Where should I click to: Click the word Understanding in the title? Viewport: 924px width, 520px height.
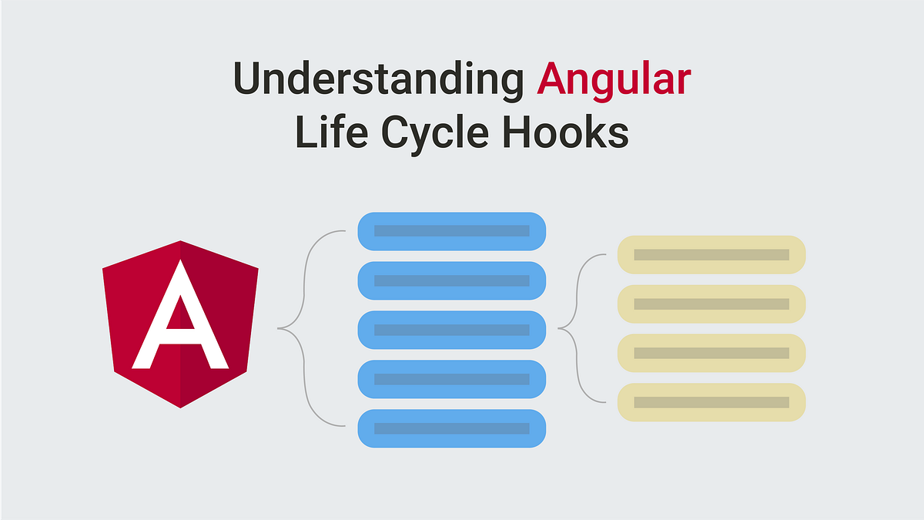point(378,79)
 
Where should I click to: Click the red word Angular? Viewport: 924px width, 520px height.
point(614,79)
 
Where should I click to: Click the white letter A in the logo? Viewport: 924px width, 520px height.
point(179,324)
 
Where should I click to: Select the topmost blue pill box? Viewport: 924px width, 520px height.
point(452,230)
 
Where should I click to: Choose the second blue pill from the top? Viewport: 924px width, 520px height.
point(452,280)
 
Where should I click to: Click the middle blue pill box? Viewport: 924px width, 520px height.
point(452,330)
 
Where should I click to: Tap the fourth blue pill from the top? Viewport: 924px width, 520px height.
point(452,379)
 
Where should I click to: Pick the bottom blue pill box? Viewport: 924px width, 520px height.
point(452,428)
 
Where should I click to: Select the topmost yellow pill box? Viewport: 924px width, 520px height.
point(711,254)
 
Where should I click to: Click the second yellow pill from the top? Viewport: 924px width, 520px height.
point(711,304)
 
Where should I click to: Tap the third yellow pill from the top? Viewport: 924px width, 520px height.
point(711,353)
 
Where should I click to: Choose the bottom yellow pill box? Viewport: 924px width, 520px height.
point(711,402)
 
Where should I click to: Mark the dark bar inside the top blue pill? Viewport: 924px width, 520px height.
point(452,230)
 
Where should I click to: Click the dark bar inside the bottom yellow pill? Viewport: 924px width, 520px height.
point(711,402)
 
